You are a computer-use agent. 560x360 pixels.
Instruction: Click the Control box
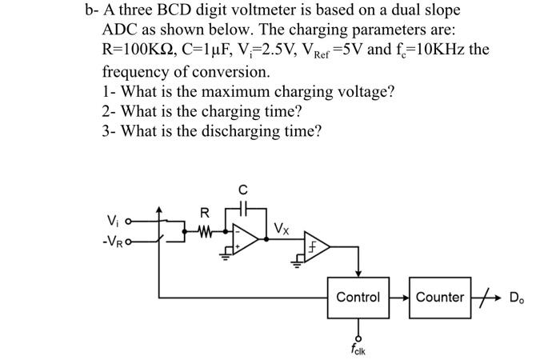tap(358, 297)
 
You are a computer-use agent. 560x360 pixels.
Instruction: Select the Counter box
tap(439, 297)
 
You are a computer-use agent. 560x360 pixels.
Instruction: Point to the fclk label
tap(358, 350)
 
